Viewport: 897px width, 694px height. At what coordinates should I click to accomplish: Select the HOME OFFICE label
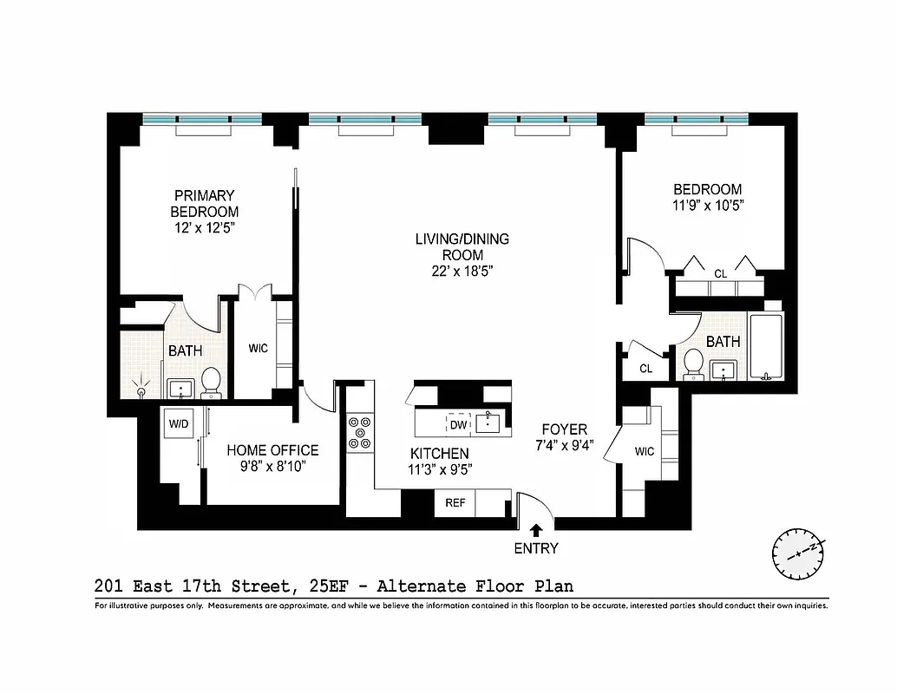[x=272, y=450]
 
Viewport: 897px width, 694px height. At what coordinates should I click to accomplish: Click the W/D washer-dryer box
[x=179, y=425]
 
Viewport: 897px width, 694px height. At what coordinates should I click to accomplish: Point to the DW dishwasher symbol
[x=458, y=424]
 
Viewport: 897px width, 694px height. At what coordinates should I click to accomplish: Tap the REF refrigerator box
[x=455, y=503]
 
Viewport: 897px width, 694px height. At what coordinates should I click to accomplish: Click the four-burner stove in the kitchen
[x=359, y=432]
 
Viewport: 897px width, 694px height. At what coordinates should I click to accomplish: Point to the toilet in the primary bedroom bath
[x=211, y=382]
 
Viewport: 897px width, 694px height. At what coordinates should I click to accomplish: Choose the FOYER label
[x=565, y=429]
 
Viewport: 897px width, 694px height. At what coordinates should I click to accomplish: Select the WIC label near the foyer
[x=645, y=451]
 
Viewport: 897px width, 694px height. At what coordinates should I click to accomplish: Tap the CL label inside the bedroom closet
[x=720, y=274]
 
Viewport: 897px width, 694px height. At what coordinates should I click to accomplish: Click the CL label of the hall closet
[x=645, y=368]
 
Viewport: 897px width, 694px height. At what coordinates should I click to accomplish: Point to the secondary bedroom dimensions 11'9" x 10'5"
[x=708, y=206]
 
